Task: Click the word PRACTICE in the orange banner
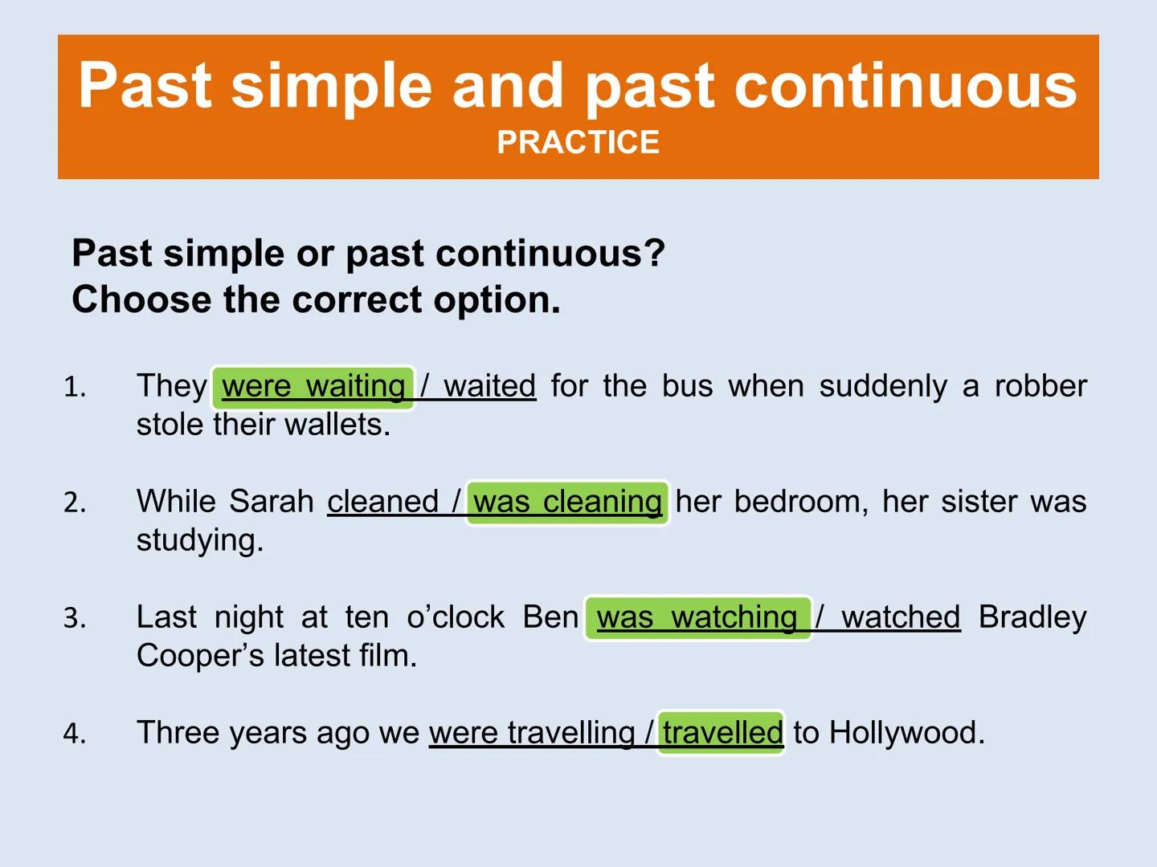578,142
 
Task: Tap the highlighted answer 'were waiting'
313,387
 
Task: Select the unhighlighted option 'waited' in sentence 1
489,386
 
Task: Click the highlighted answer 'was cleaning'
567,502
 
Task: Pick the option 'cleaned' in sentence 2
382,501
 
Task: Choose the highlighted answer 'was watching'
697,618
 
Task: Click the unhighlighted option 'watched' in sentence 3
901,617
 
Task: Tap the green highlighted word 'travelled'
722,732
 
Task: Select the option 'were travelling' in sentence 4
532,733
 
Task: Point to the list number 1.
75,387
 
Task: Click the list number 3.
75,618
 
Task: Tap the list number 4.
75,733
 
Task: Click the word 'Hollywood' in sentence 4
901,733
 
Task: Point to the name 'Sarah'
272,501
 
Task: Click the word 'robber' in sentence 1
1040,386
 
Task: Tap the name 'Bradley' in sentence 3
1032,617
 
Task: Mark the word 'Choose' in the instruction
141,299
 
